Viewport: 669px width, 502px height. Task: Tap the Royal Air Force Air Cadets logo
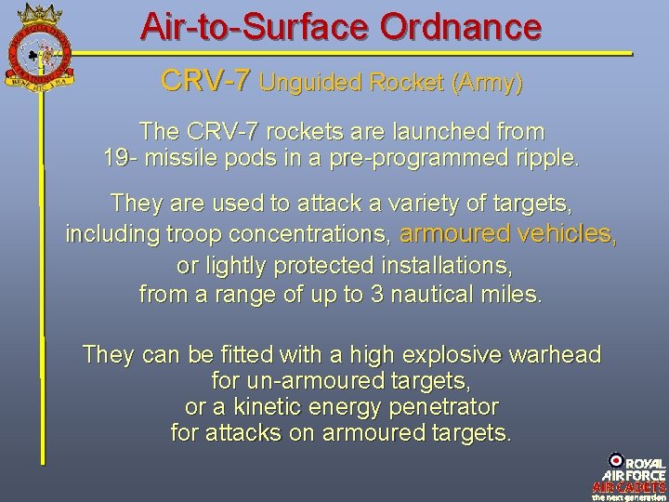point(628,475)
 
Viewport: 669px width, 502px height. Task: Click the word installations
point(450,265)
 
